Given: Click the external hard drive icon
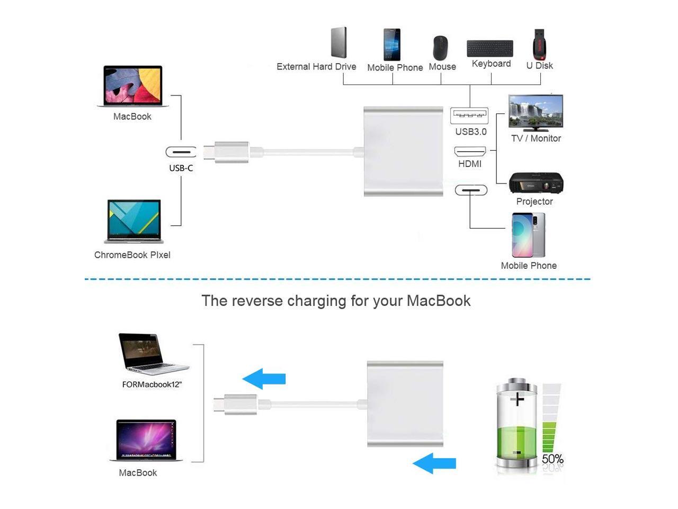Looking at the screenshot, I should point(339,42).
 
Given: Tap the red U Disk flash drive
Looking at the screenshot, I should point(539,44).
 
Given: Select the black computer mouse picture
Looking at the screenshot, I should point(440,48).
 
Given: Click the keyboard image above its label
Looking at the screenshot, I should point(490,48).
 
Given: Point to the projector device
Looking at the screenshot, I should point(536,183).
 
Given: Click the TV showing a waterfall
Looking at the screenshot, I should point(536,112).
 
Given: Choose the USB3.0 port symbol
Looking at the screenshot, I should point(469,115).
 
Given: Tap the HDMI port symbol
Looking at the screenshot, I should point(470,152).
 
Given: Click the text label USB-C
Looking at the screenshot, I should point(181,168).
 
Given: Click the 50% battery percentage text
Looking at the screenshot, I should point(552,459).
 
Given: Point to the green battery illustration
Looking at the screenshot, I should point(516,424).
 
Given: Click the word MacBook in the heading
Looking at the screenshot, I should point(439,301).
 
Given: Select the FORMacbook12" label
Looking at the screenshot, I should point(152,384).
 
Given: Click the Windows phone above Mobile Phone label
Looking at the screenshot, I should point(392,45).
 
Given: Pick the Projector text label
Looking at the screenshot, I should point(534,201).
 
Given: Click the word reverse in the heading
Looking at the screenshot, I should point(257,301).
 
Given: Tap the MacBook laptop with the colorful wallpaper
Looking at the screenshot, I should point(133,86).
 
